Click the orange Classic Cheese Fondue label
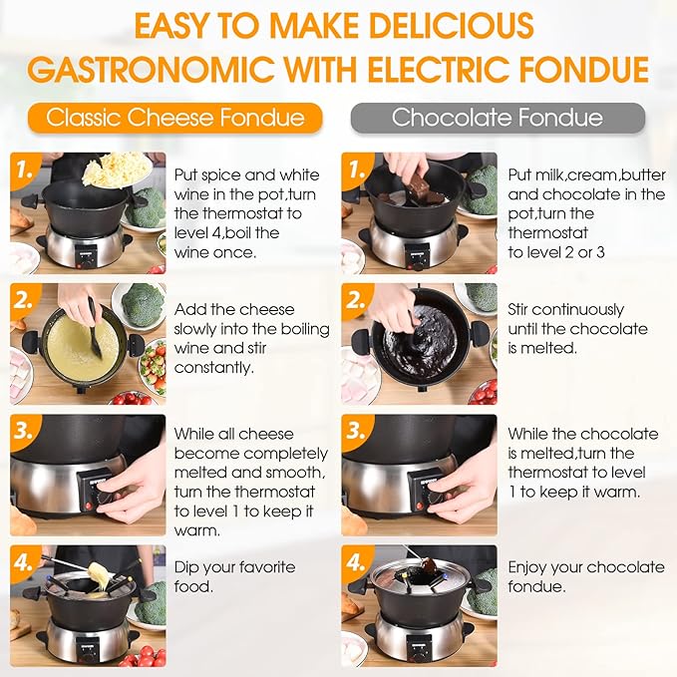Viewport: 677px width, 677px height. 175,118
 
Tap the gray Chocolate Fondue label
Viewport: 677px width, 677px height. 498,118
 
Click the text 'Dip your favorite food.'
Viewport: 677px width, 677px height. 234,576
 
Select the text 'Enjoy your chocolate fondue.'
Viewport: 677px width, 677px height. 585,576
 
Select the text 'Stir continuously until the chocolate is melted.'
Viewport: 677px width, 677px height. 577,329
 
